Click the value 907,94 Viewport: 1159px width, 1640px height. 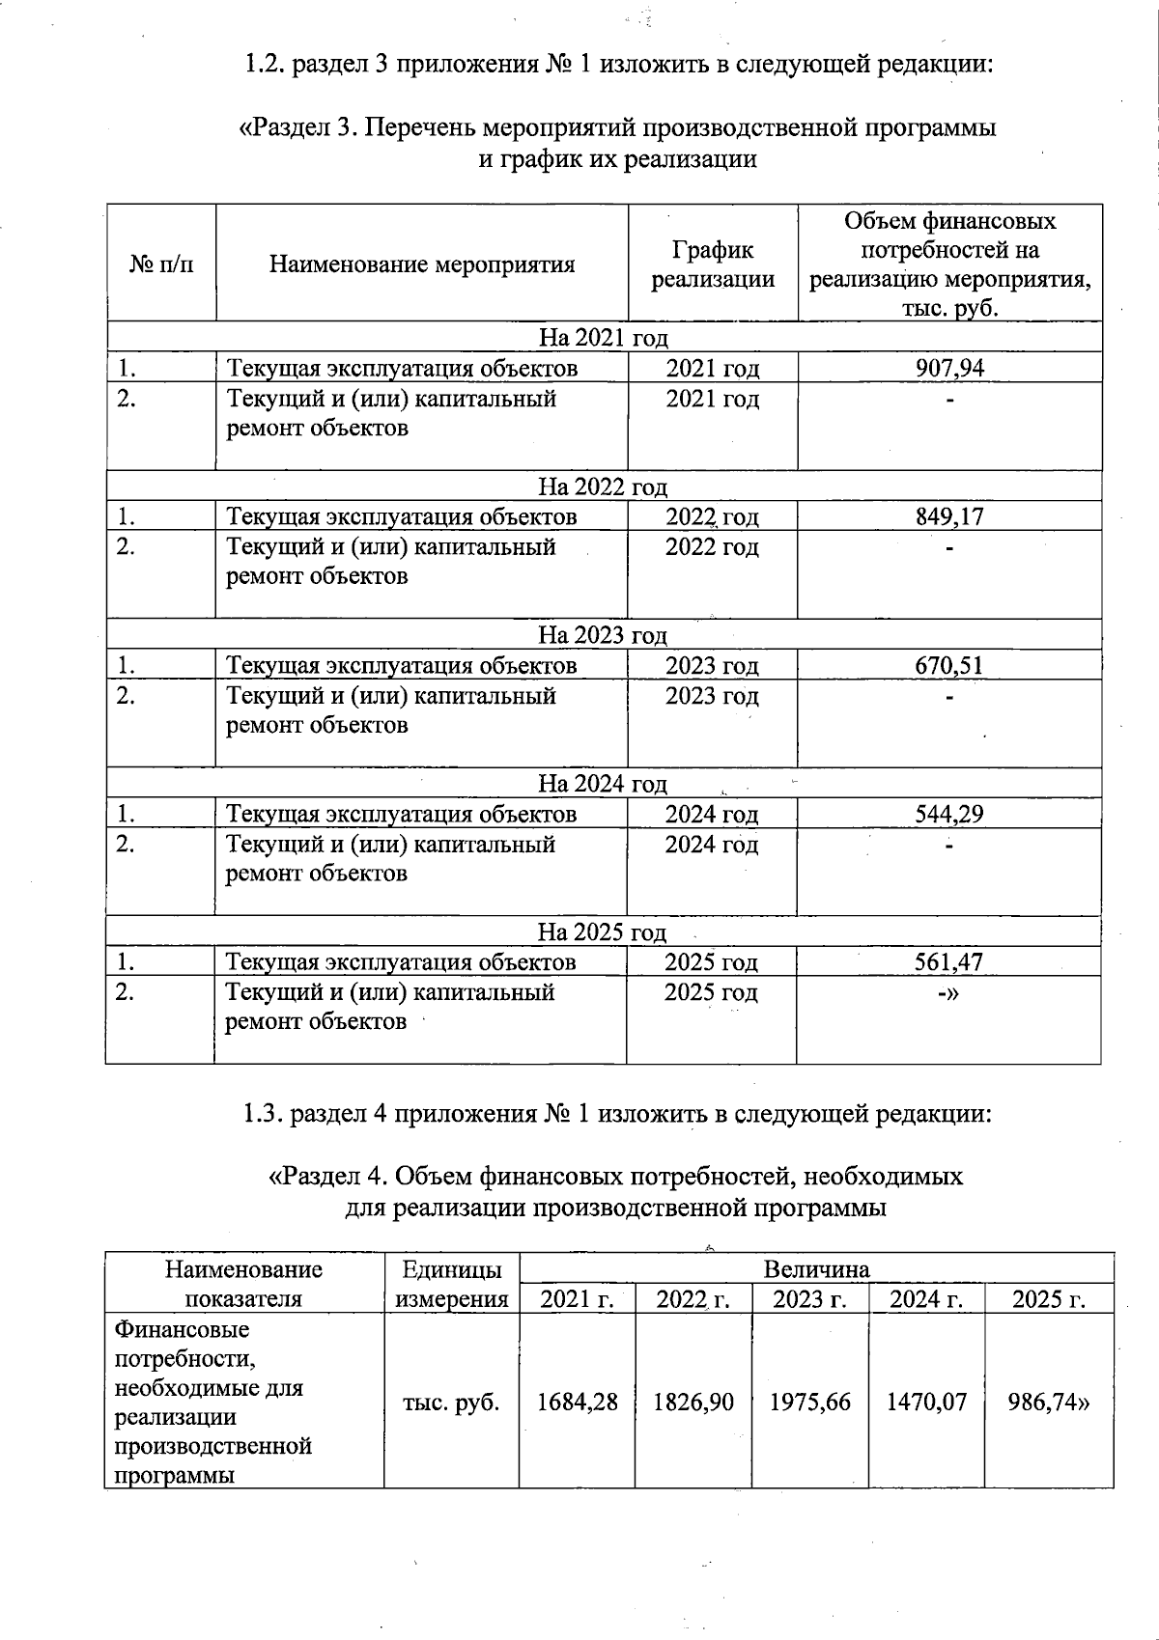(949, 368)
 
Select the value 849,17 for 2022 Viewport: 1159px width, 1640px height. (949, 516)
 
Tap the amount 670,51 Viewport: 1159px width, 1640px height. (949, 665)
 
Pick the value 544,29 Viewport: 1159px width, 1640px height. (949, 814)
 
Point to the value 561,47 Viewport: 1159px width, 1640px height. (949, 962)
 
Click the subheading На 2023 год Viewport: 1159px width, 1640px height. (603, 635)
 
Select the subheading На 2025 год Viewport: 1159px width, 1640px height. (603, 932)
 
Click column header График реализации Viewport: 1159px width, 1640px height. (713, 264)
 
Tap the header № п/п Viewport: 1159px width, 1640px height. (161, 264)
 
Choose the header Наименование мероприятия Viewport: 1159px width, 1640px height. (422, 264)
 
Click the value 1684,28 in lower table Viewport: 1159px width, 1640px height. (578, 1402)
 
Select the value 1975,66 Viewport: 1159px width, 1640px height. (810, 1402)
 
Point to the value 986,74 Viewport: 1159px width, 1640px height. (1049, 1402)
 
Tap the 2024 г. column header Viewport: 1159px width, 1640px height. (926, 1299)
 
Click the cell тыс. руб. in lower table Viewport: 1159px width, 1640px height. (451, 1402)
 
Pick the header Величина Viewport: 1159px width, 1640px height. (817, 1268)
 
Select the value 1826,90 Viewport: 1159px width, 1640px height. (693, 1402)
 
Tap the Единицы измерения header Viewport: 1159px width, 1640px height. (451, 1284)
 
